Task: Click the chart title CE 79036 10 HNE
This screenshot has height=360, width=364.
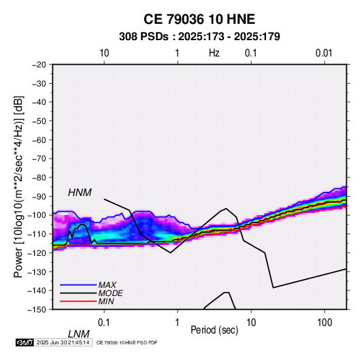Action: coord(199,19)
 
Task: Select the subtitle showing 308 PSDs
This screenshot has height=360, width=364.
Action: coord(199,37)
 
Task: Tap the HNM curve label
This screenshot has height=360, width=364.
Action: coord(80,193)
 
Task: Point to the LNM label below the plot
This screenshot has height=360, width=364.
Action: coord(79,334)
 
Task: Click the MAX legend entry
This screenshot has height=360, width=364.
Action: coord(107,285)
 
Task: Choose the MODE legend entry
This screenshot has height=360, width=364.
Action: coord(110,293)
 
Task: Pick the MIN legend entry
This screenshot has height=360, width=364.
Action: coord(106,301)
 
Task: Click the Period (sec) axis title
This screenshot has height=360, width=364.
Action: coord(214,330)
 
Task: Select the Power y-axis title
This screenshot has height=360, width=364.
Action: coord(18,187)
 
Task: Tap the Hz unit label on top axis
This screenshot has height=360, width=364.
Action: coord(214,53)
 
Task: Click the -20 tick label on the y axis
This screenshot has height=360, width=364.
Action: coord(39,65)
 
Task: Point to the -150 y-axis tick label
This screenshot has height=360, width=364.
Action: coord(37,310)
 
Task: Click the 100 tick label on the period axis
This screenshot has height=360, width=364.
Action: coord(325,323)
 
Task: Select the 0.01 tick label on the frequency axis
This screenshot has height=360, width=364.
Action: coord(324,53)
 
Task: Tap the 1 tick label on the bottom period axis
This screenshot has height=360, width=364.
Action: coord(178,323)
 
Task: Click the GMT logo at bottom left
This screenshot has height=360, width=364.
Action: coord(25,342)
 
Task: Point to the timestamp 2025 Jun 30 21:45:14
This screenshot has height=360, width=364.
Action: coord(63,342)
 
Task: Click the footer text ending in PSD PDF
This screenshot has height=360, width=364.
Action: coord(127,342)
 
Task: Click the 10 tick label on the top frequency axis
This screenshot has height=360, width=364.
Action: coord(104,53)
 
